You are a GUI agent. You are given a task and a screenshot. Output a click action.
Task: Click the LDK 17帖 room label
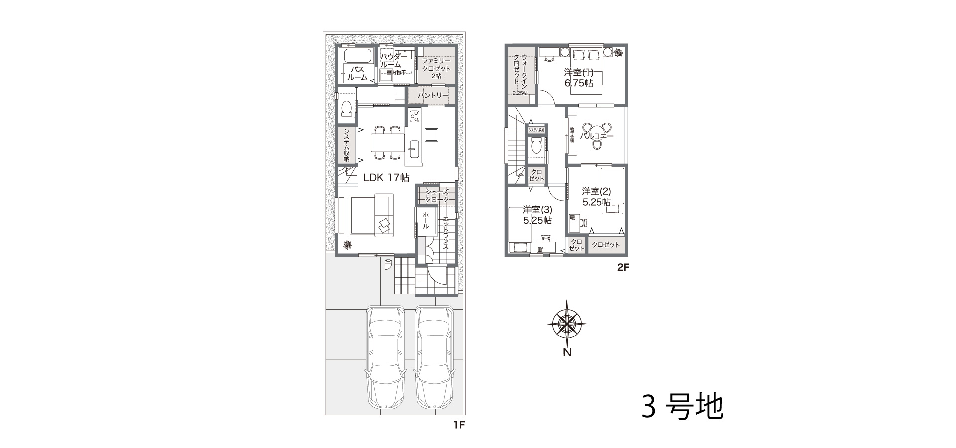[x=386, y=177]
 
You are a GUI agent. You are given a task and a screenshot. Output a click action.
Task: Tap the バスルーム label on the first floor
[x=357, y=73]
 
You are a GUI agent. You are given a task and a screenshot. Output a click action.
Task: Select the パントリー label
[x=433, y=95]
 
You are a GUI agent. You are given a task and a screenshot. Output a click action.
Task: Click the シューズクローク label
[x=437, y=195]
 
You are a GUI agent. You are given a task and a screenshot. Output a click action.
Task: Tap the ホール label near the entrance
[x=426, y=220]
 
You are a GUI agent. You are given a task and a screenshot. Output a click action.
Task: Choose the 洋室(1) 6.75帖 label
[x=578, y=78]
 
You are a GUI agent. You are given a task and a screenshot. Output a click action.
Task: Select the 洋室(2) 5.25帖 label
[x=597, y=197]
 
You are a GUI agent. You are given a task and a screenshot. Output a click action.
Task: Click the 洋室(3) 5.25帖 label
[x=537, y=215]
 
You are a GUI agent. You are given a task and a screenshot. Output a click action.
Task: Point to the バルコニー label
[x=597, y=136]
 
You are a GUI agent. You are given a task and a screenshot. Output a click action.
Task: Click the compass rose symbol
[x=567, y=323]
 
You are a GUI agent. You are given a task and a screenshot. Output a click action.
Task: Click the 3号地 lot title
[x=682, y=407]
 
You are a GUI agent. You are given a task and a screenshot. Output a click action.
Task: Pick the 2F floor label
[x=623, y=267]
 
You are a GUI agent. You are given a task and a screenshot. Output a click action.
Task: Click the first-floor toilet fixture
[x=347, y=109]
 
